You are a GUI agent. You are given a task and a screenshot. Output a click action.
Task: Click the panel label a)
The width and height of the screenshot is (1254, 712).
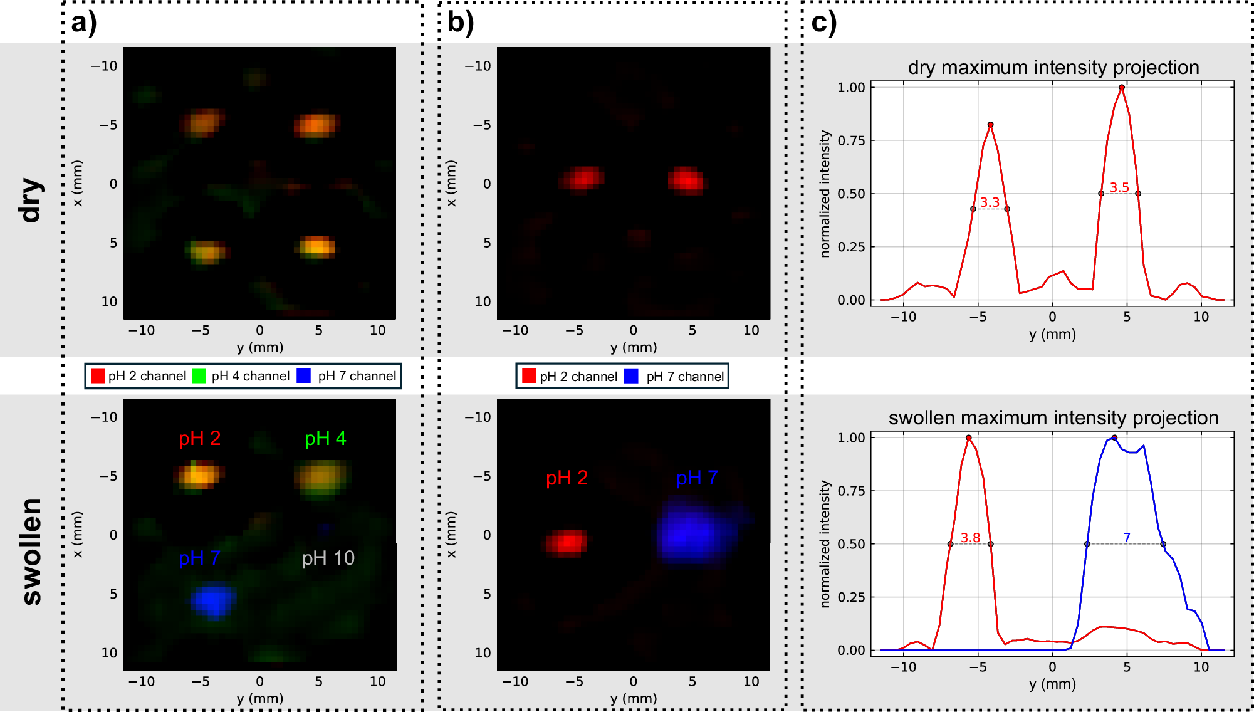[84, 23]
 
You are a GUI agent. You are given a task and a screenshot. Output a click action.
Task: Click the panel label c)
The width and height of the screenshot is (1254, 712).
[823, 23]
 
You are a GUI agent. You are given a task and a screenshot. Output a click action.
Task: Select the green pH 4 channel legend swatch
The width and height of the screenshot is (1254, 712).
[199, 375]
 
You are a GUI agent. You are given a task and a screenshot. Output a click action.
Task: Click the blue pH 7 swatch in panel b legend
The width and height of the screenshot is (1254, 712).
[631, 376]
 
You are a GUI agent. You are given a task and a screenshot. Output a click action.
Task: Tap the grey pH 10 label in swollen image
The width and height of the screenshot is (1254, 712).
[328, 558]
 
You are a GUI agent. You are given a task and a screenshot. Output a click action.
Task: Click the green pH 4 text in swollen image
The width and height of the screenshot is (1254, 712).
[325, 438]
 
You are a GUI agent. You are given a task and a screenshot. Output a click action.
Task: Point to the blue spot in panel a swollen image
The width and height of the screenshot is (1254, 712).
[213, 600]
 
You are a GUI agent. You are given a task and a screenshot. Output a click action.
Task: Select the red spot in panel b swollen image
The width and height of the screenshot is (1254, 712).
[567, 542]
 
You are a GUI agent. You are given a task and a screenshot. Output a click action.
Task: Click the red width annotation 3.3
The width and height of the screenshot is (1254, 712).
[990, 202]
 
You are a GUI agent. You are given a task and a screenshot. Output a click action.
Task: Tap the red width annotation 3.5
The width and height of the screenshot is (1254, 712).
[1119, 187]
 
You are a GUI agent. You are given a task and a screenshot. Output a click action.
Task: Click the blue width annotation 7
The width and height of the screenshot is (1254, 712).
[1126, 537]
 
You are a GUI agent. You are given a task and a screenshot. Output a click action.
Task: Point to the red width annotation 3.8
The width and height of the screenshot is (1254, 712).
[970, 537]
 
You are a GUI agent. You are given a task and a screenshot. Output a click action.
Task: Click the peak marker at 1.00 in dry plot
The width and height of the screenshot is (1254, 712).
[1121, 88]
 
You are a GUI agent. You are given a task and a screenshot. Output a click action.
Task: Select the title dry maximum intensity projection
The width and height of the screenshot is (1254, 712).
[1053, 67]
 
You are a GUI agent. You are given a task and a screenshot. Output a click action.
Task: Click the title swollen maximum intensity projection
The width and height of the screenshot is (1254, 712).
[1053, 417]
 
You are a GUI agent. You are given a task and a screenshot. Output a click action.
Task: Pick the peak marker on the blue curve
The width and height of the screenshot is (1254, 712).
[1114, 437]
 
